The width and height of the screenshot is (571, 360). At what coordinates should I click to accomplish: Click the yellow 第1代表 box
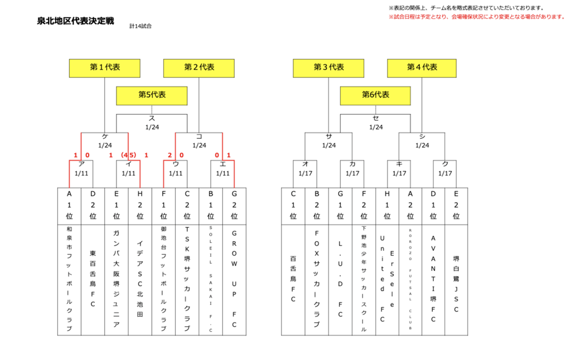(104, 67)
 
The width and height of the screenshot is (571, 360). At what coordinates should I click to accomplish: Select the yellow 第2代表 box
(199, 67)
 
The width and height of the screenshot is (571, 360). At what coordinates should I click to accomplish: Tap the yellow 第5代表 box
(152, 95)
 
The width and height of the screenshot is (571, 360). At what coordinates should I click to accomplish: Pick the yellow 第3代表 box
(329, 67)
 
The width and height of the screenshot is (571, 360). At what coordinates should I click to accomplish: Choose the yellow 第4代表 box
(422, 67)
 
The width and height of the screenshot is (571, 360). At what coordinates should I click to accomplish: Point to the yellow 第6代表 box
(376, 95)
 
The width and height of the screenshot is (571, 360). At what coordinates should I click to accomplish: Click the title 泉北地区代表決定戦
(75, 21)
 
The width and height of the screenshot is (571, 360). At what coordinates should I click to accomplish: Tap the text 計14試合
(140, 26)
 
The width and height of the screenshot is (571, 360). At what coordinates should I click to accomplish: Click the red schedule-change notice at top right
(477, 17)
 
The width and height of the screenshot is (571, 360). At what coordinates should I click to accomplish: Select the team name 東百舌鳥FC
(93, 278)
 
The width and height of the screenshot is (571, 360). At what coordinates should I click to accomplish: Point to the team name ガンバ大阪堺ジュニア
(116, 278)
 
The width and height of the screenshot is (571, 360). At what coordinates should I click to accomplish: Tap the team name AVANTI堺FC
(433, 278)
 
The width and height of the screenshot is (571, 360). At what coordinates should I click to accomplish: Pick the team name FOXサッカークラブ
(316, 278)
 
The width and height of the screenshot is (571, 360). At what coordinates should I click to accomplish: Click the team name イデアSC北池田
(140, 278)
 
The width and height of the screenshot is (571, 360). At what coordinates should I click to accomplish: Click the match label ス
(152, 118)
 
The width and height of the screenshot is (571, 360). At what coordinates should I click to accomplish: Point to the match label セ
(376, 118)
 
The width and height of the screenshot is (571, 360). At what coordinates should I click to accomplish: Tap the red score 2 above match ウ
(170, 155)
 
